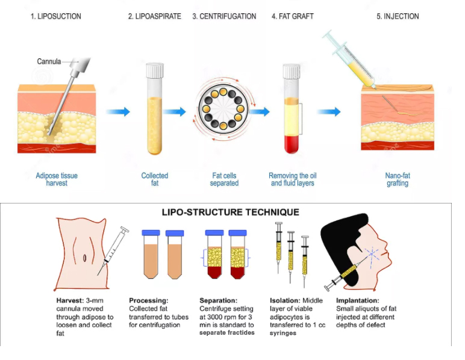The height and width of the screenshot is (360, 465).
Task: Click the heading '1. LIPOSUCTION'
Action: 56,16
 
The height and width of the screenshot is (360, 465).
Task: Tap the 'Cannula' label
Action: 49,61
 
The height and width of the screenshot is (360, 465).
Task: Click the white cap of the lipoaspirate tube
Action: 155,70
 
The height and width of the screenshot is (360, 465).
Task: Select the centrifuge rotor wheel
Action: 223,109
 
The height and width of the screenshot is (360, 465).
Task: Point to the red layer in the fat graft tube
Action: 291,144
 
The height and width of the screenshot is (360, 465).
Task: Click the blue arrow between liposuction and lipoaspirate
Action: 118,112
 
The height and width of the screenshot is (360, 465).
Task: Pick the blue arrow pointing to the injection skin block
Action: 329,112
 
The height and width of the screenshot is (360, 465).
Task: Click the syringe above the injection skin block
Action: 349,59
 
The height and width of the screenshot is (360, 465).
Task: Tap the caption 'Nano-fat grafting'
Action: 398,179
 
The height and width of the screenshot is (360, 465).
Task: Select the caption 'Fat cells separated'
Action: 224,179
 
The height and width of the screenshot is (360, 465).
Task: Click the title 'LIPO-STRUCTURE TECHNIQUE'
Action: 231,212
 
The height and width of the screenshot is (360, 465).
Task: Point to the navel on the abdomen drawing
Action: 84,258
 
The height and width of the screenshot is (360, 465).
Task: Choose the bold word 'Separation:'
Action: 218,300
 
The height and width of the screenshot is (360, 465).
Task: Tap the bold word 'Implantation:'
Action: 357,300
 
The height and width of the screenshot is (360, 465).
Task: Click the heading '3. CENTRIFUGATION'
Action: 224,16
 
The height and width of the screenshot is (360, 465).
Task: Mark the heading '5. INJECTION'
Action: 398,16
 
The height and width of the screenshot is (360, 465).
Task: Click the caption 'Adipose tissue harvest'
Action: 57,179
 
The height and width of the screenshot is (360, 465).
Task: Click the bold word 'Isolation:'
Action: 285,300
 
